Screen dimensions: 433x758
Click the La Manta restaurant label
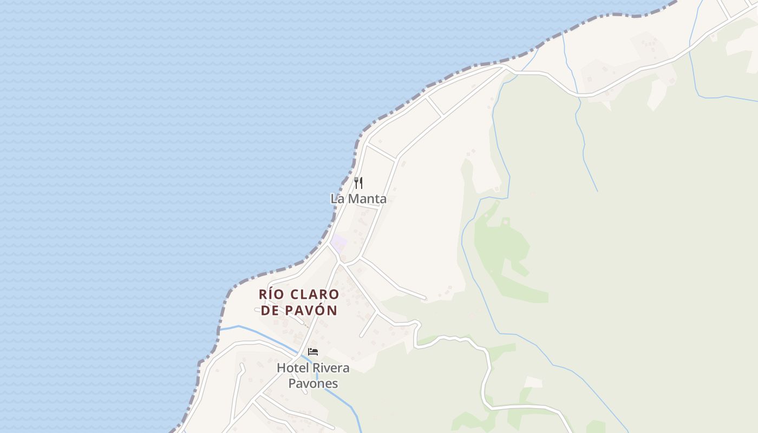[x=358, y=199]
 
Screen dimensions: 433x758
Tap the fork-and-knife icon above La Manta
[x=358, y=183]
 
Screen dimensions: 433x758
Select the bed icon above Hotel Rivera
[x=313, y=352]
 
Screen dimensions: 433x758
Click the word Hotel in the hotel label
[x=292, y=368]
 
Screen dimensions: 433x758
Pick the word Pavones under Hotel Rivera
[x=313, y=384]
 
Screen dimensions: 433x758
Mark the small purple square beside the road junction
[x=339, y=243]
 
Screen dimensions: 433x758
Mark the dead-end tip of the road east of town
[x=426, y=298]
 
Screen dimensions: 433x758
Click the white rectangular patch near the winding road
[x=533, y=382]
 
